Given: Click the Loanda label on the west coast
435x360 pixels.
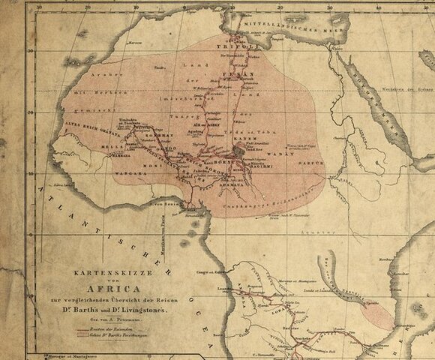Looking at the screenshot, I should [222, 287].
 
